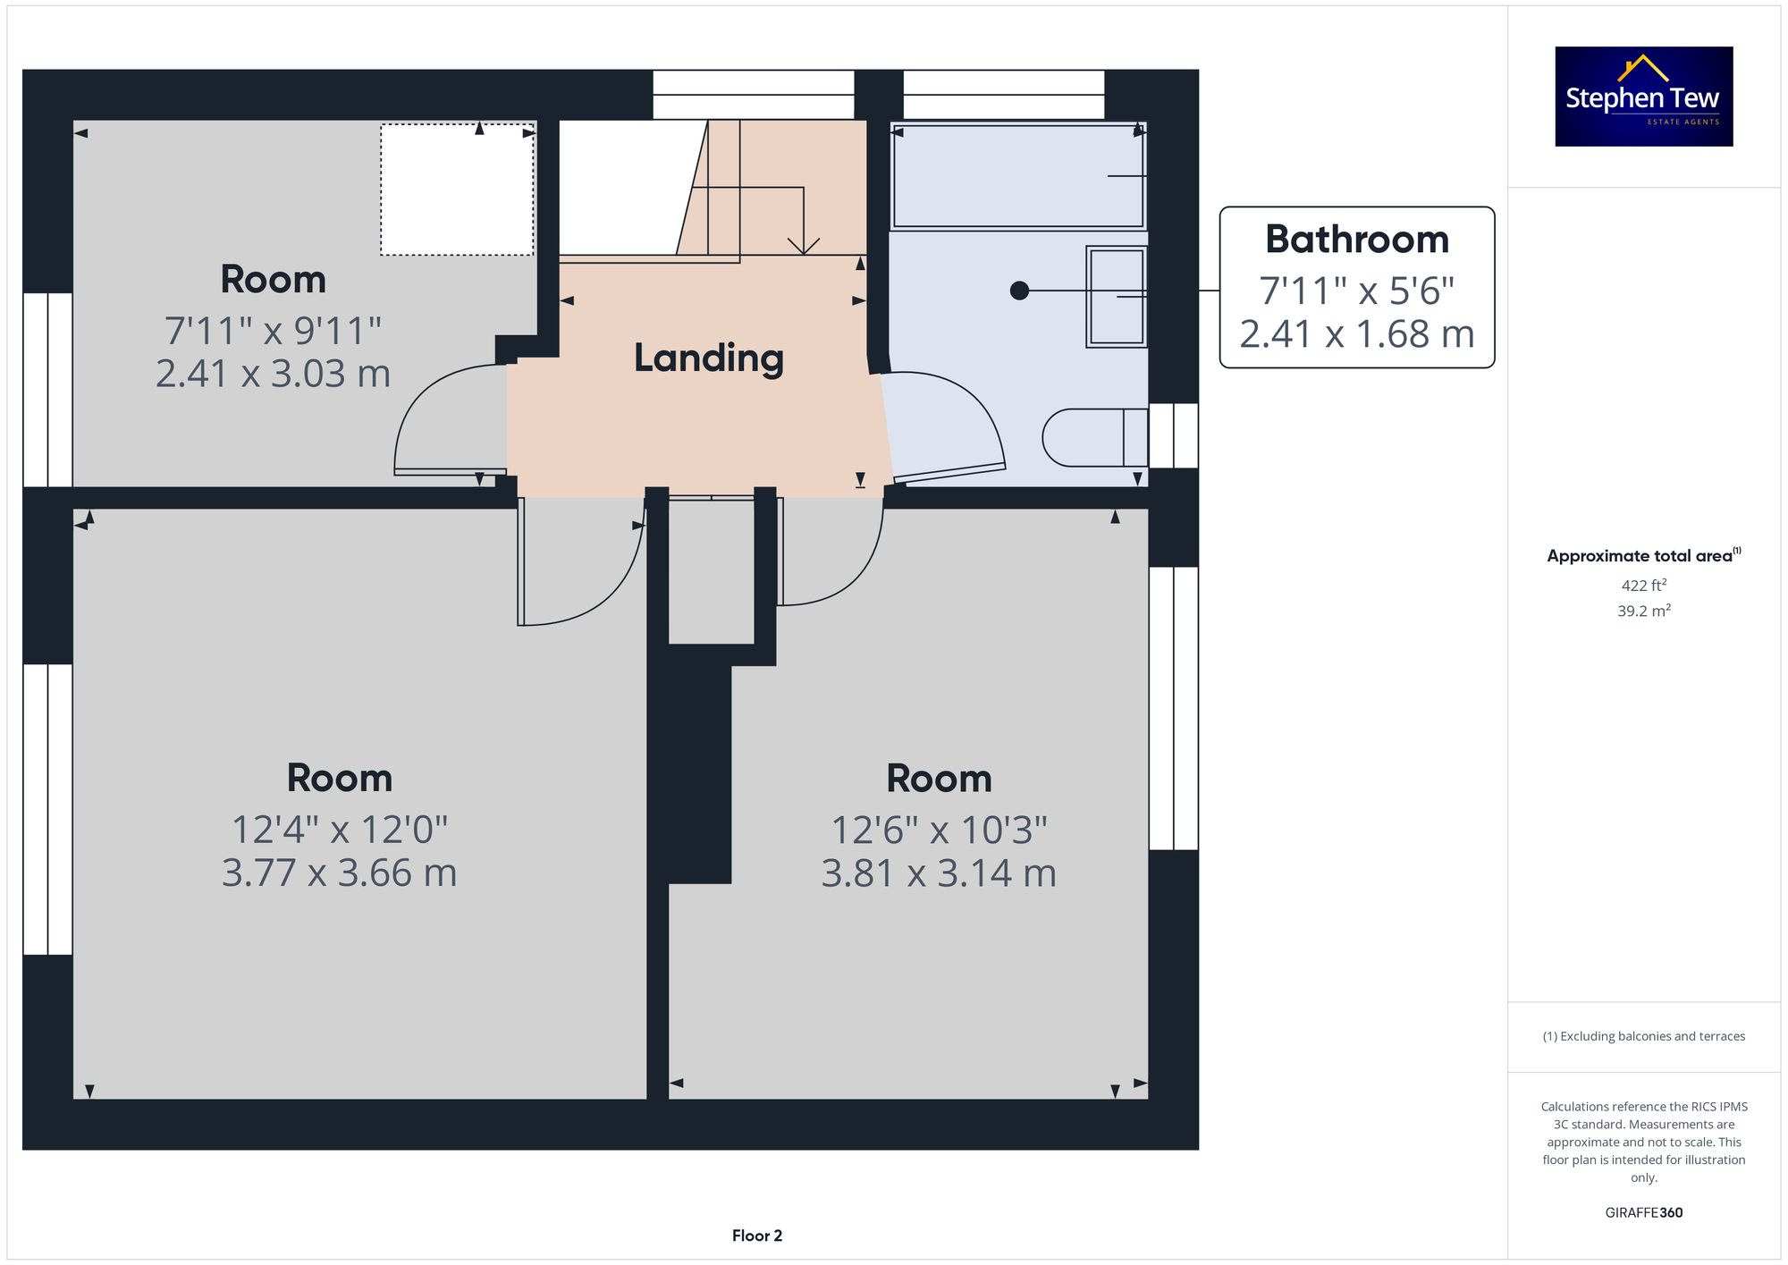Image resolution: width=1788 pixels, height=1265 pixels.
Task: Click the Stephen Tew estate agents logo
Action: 1643,97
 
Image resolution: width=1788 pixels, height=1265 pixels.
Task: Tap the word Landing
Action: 709,358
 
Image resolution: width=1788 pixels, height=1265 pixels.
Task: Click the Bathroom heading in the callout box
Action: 1356,240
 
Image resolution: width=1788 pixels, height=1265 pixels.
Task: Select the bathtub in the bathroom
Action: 1017,176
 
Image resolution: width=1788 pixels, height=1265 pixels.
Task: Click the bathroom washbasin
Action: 1116,296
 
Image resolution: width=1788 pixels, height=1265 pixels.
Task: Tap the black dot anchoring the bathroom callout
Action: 1019,291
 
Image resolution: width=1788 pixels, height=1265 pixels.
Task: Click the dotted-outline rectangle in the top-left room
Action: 457,190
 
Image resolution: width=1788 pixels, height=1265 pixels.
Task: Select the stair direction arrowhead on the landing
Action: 804,245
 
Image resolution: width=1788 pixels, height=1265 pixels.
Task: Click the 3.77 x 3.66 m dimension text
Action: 339,873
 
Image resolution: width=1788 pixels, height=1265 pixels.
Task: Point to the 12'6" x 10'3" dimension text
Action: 939,830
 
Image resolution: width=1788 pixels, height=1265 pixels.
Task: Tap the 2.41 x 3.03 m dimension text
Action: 273,374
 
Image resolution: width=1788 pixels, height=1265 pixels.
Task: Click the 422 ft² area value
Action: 1643,586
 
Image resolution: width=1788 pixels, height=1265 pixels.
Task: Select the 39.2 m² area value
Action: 1643,611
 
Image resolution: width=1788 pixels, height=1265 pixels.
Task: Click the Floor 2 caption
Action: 756,1235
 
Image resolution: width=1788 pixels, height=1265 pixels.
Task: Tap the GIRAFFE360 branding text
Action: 1643,1213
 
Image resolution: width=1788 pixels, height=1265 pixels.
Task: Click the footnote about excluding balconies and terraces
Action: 1643,1036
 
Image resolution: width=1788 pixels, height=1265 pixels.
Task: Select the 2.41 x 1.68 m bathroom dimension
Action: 1356,334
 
